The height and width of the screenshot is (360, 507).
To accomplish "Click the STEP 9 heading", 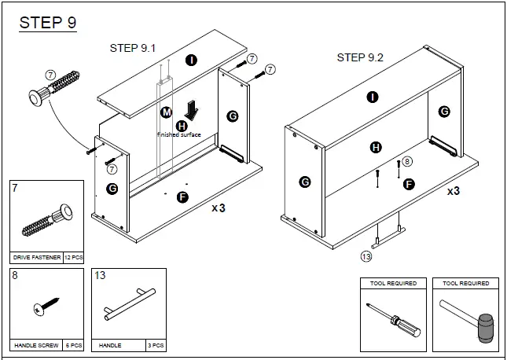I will tap(48, 24).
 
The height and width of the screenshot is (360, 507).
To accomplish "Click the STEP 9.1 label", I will tap(133, 49).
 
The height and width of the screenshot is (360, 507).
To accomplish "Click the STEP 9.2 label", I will tap(361, 57).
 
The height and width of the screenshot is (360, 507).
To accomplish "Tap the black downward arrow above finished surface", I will tap(189, 109).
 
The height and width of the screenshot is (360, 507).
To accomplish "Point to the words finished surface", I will tap(179, 134).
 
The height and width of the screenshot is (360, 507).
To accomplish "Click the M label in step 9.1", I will tap(166, 112).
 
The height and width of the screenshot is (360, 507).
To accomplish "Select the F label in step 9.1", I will tap(182, 197).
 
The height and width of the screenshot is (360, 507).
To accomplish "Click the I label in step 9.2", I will tap(373, 97).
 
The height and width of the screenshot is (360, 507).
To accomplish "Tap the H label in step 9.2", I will tap(376, 147).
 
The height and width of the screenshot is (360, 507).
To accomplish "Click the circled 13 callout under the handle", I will tap(366, 255).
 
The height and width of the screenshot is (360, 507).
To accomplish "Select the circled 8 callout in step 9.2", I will tap(406, 162).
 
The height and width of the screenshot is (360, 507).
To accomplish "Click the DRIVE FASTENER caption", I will tap(36, 257).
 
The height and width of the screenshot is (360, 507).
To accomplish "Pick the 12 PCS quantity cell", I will tap(73, 257).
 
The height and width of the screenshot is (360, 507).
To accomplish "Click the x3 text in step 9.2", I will tap(454, 191).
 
